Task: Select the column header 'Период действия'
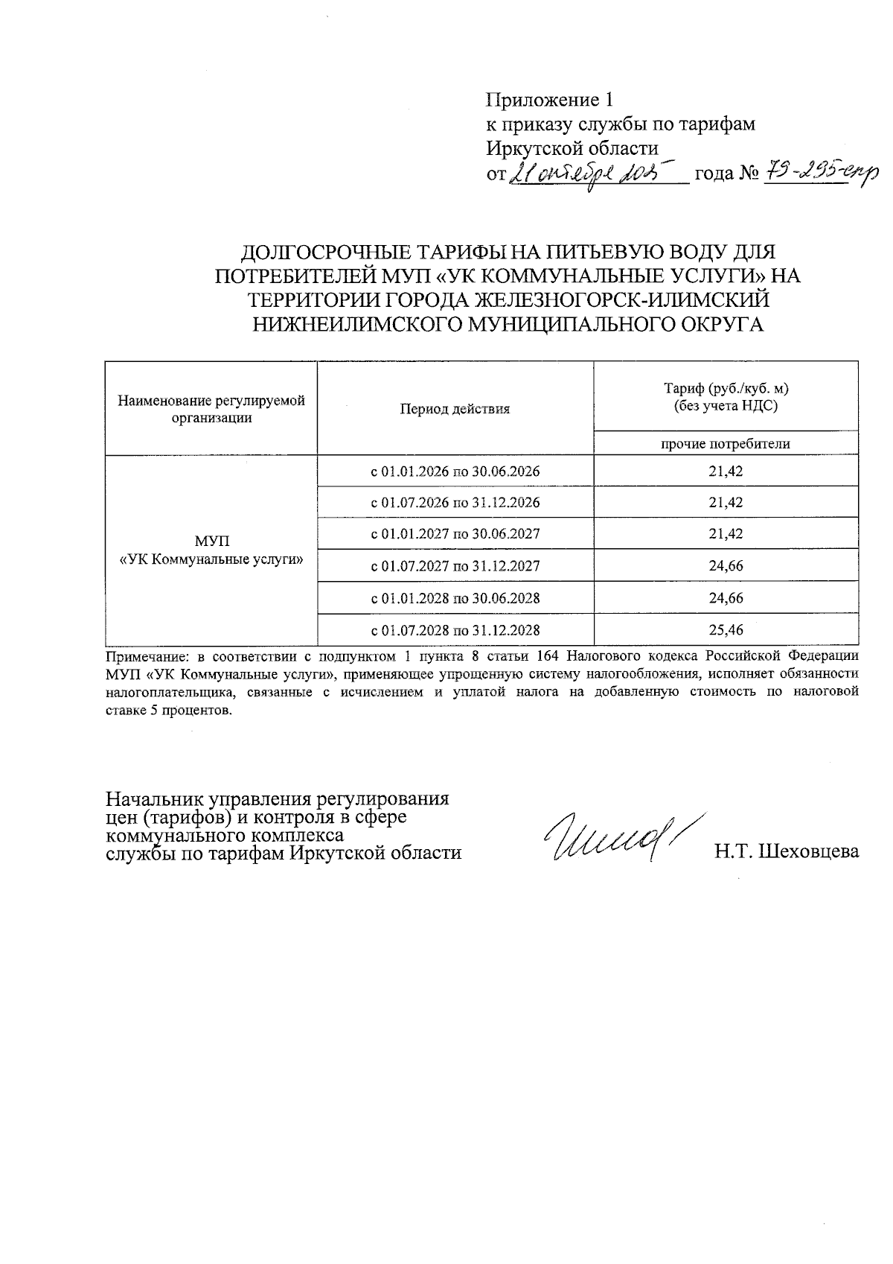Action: click(x=455, y=409)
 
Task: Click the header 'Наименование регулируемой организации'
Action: click(x=211, y=409)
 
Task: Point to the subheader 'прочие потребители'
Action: click(x=726, y=444)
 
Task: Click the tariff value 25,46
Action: click(x=726, y=630)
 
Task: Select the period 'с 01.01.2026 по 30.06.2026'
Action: click(x=455, y=471)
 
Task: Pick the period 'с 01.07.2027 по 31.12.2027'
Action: click(x=455, y=566)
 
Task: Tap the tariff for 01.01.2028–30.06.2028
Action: click(x=726, y=598)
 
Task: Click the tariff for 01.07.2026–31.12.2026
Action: click(x=726, y=503)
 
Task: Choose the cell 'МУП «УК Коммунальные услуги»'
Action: click(x=211, y=550)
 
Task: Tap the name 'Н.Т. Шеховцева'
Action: click(x=787, y=851)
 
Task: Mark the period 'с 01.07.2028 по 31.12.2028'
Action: click(x=455, y=630)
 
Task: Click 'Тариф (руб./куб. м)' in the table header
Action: click(x=726, y=389)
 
